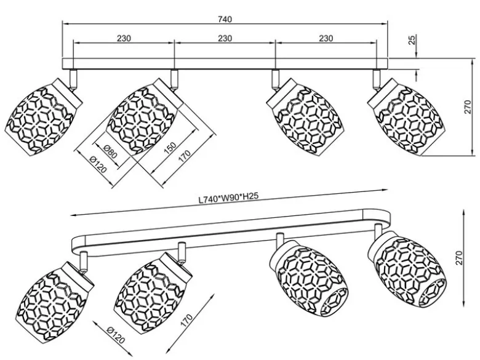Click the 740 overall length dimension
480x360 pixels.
pos(225,19)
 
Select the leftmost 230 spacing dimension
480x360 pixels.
pos(124,38)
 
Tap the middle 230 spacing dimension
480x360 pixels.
pos(225,38)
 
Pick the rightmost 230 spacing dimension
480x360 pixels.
pos(326,38)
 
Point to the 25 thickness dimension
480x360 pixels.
pos(412,40)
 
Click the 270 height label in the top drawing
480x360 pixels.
pos(468,107)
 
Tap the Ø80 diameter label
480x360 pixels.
pos(110,151)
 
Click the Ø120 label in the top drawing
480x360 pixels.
pos(98,164)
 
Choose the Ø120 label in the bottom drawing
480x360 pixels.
pos(116,335)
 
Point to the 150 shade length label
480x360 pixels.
pos(170,146)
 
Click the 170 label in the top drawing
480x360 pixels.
pos(184,156)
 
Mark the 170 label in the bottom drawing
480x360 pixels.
pos(186,321)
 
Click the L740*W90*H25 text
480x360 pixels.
pos(228,198)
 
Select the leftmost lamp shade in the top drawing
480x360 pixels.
pos(44,118)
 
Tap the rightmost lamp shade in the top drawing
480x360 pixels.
pos(406,118)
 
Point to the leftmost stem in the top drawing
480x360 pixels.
pos(73,79)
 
